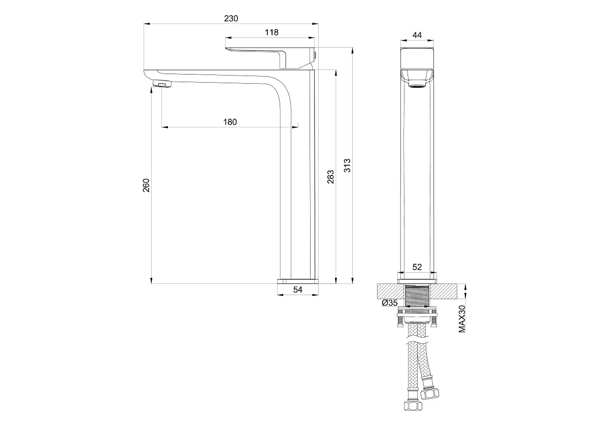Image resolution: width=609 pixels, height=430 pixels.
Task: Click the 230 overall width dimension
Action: tap(231, 18)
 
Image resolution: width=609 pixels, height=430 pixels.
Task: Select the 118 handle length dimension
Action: tap(272, 32)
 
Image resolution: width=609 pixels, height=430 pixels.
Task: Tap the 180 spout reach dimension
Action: tap(230, 122)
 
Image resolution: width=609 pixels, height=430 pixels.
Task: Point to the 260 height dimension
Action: tap(146, 185)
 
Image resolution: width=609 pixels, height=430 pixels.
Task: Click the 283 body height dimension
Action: tap(330, 177)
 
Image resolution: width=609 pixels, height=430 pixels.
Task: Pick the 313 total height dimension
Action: tap(348, 165)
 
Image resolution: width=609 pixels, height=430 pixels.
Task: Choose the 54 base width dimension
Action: tap(298, 290)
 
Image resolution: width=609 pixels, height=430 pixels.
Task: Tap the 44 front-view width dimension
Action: tap(417, 35)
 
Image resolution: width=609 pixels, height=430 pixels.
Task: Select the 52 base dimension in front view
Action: tap(417, 267)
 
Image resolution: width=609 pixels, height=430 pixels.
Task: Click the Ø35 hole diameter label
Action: tap(390, 303)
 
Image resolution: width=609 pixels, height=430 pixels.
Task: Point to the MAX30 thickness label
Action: tap(462, 319)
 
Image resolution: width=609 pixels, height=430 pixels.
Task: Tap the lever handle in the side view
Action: tap(270, 58)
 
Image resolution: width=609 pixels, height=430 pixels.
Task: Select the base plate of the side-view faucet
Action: tap(298, 281)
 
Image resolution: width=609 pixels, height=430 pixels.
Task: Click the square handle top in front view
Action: tap(417, 58)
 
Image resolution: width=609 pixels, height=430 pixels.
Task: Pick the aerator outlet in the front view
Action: tap(417, 86)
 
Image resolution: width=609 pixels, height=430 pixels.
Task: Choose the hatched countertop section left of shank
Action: tap(391, 292)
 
